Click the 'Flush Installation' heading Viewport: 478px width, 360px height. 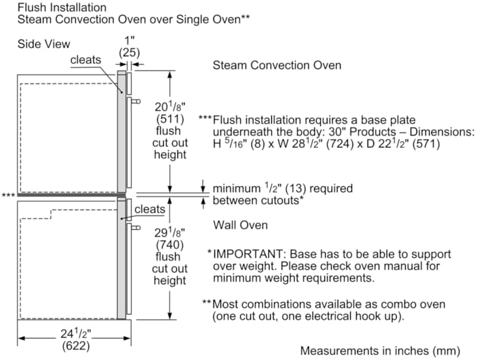(62, 7)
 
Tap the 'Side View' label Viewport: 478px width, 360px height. (44, 44)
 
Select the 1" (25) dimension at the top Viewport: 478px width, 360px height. (129, 47)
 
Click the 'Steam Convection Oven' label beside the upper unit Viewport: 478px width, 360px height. (277, 65)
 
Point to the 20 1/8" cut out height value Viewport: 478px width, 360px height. (170, 107)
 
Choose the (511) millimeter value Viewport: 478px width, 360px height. (170, 119)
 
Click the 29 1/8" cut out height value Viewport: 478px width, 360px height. (170, 233)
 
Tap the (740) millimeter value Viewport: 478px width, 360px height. (170, 245)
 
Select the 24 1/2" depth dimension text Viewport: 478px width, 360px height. (76, 334)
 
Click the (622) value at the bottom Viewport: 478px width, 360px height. (76, 346)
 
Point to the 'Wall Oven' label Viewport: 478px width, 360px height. (240, 225)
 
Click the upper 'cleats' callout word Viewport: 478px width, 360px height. (85, 60)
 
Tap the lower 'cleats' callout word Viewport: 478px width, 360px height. (150, 209)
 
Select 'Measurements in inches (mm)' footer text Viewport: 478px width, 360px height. (380, 351)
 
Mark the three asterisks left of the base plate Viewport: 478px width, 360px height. (8, 195)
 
